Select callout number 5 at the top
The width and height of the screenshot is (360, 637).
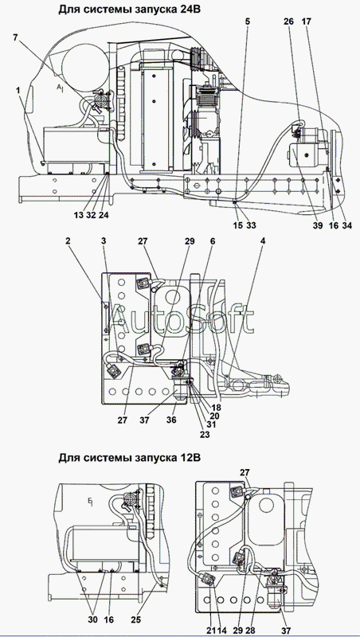[247, 21]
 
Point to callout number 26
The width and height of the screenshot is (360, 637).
[288, 21]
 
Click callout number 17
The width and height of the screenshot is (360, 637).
[306, 21]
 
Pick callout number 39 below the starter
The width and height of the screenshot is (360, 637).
[317, 225]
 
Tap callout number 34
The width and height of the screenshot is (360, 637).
[346, 225]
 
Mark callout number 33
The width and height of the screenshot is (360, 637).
[251, 225]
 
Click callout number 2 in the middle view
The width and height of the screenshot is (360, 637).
[68, 241]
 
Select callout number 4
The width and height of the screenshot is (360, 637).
[264, 241]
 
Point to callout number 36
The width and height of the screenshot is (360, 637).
[171, 420]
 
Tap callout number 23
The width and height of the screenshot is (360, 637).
[205, 434]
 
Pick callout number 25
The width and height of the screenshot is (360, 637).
[137, 620]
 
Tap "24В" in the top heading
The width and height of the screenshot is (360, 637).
[190, 9]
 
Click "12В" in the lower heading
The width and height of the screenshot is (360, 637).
[190, 458]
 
